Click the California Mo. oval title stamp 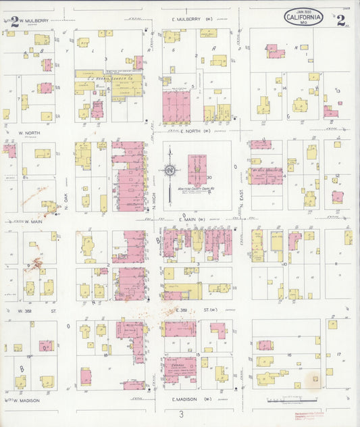coord(304,18)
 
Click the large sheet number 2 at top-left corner coord(14,20)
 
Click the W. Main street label coord(30,221)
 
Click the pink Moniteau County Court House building coord(197,169)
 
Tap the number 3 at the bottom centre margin coord(181,414)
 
